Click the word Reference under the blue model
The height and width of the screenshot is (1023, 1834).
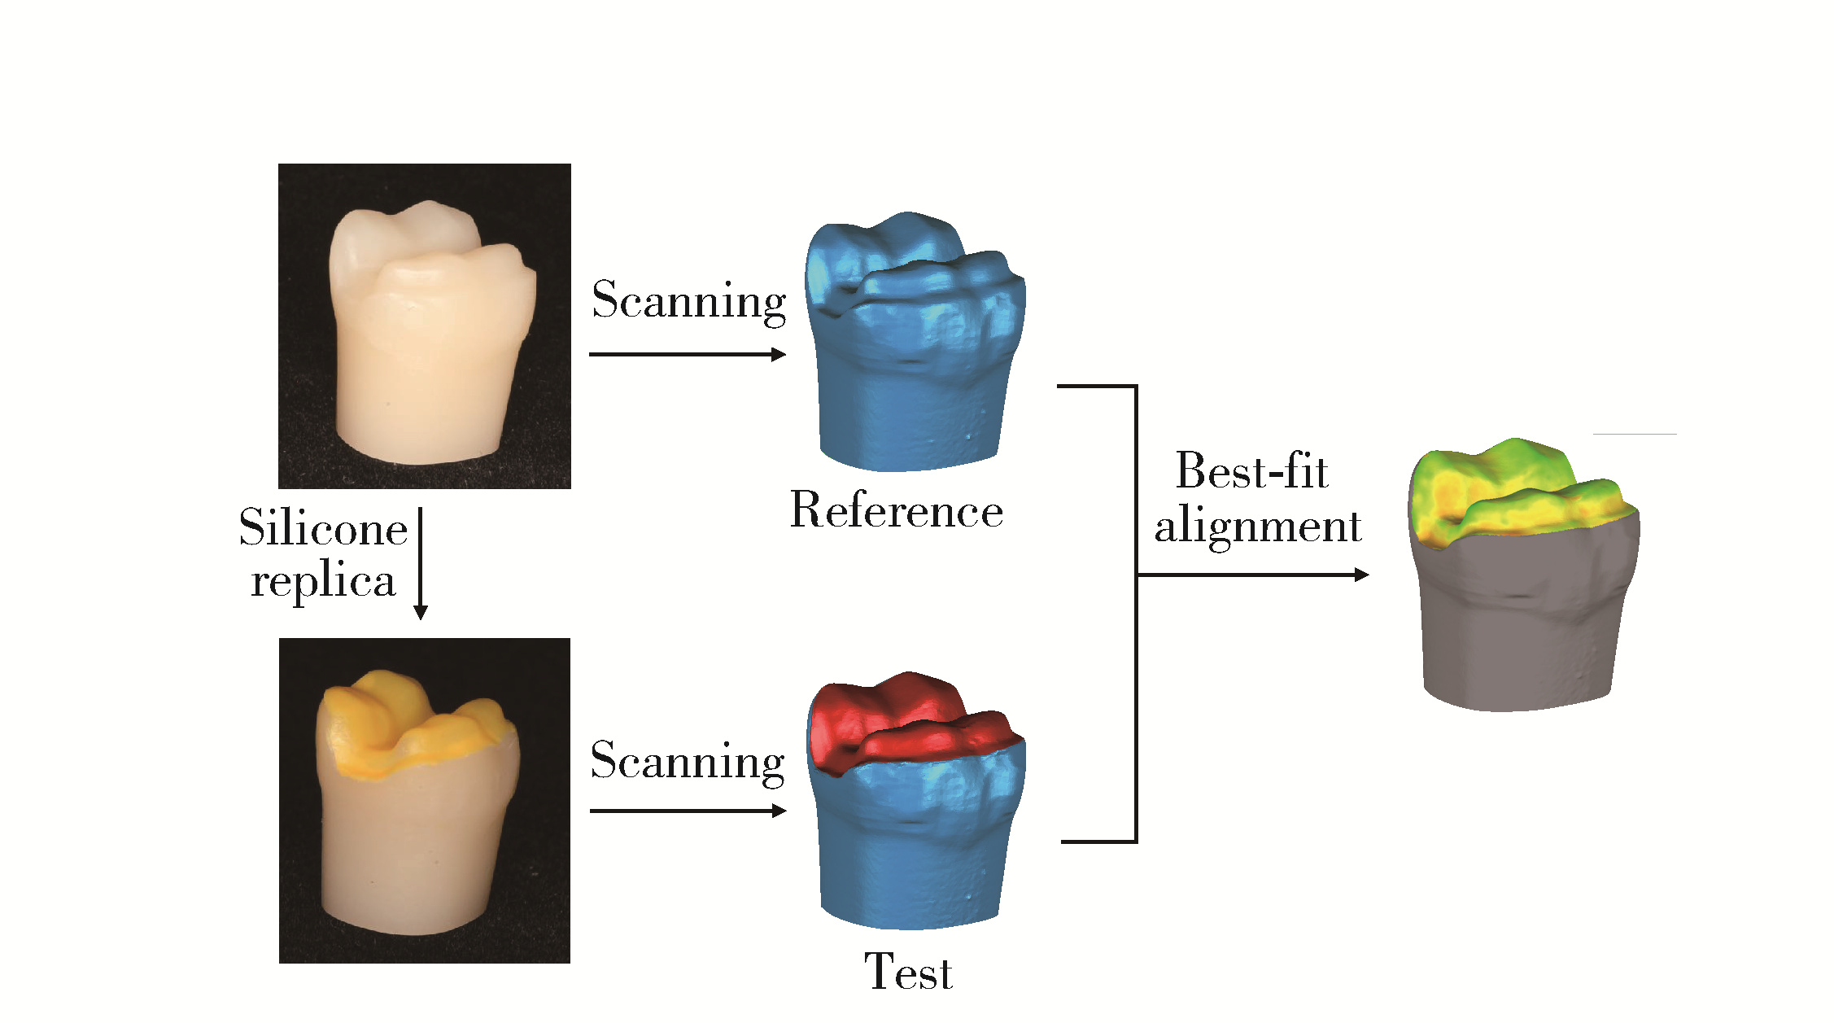pos(896,511)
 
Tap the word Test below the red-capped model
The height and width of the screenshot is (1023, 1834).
pos(907,972)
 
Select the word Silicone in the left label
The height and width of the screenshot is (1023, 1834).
pos(323,528)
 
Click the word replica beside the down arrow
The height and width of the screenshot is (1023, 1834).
pos(323,581)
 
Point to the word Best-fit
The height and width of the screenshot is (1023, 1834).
pos(1251,471)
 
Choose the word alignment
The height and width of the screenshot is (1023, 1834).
pos(1257,526)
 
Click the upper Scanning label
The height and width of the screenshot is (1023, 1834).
pos(688,300)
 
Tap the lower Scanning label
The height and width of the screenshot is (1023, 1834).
pos(688,761)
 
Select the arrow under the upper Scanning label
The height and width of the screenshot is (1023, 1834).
pos(688,354)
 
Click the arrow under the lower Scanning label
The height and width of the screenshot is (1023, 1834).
pos(688,811)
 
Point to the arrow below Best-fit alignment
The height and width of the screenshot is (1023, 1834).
pos(1253,575)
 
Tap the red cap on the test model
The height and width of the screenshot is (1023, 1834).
pos(895,716)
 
